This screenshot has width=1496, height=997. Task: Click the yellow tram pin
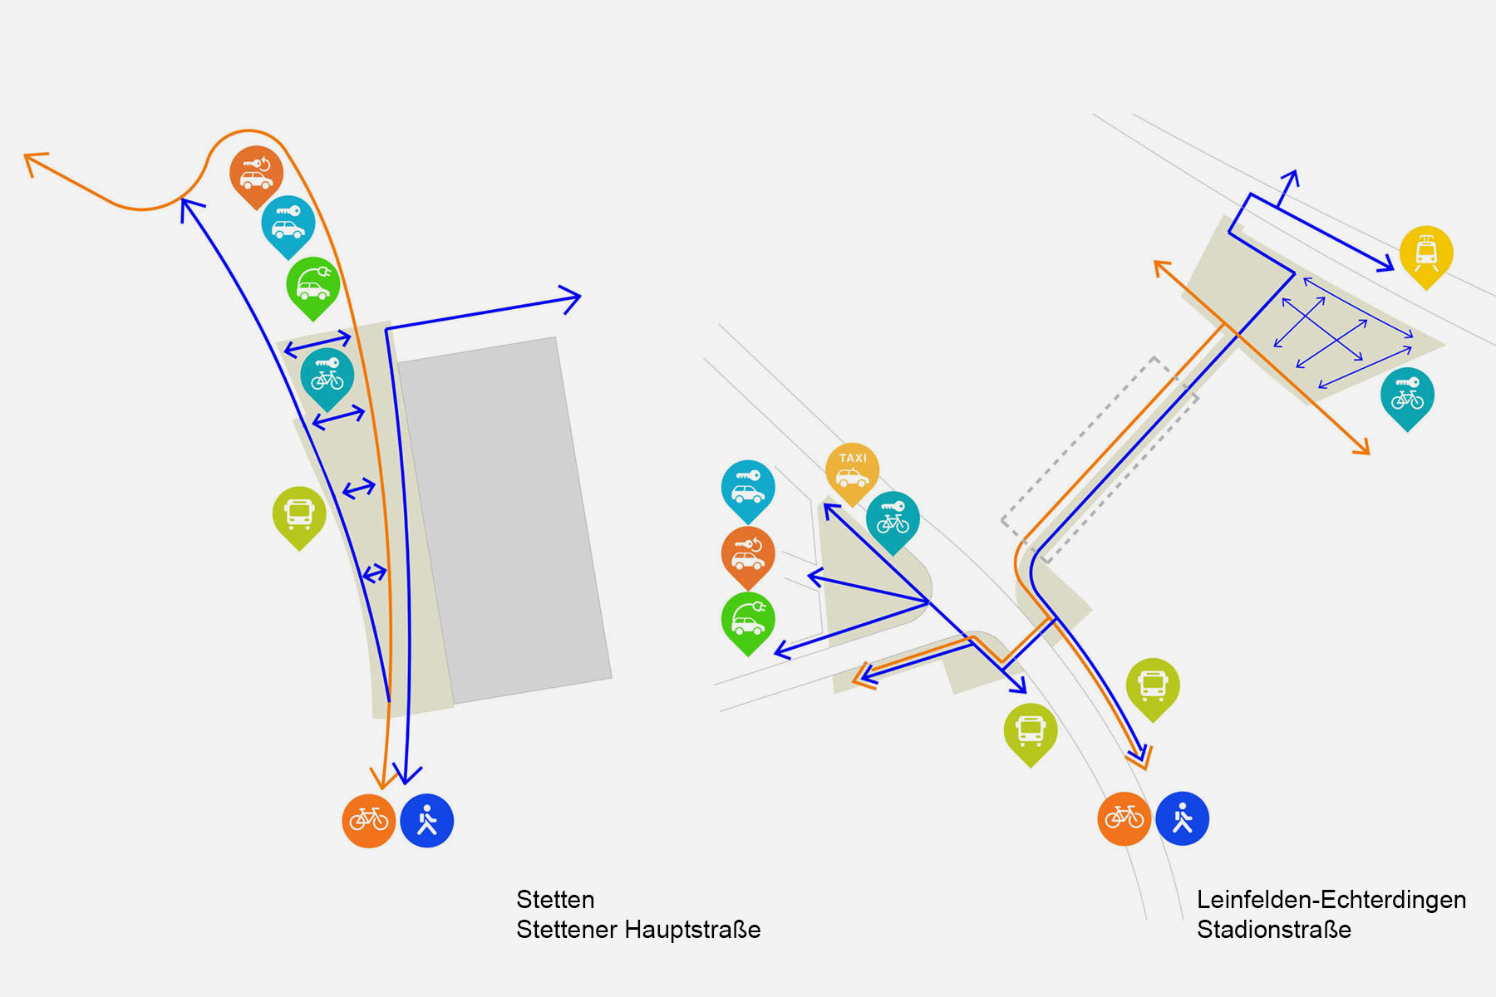pos(1426,253)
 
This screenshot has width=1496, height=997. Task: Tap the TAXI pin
pos(852,470)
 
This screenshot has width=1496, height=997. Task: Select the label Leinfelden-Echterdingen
pos(1331,900)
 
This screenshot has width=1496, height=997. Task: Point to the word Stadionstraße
pos(1273,930)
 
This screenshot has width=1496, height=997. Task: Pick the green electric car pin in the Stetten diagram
pos(313,285)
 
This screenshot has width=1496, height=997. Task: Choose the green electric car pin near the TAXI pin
pos(748,621)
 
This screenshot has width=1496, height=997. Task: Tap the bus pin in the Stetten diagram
pos(299,514)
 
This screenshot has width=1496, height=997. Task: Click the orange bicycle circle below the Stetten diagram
pos(369,821)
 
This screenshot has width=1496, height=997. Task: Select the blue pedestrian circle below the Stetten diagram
pos(427,821)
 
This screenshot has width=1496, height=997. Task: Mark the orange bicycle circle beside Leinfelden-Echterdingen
pos(1124,818)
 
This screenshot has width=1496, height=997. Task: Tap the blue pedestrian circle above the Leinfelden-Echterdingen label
pos(1182,818)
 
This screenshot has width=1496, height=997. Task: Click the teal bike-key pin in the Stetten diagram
pos(327,376)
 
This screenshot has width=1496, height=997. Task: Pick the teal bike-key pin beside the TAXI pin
pos(893,519)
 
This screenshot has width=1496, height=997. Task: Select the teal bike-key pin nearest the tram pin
pos(1407,395)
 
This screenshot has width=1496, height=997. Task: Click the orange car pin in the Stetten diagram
pos(257,174)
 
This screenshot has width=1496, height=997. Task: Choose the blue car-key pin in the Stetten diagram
pos(288,223)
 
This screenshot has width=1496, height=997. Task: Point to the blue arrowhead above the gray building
pos(572,298)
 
